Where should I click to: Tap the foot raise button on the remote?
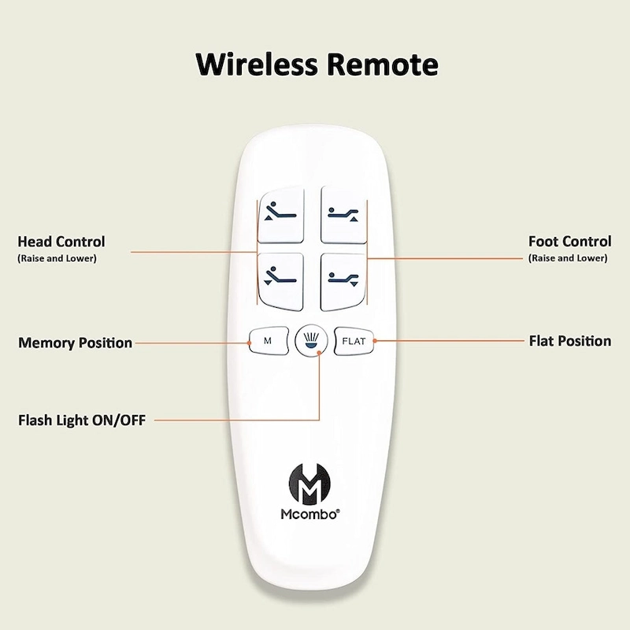click(x=343, y=214)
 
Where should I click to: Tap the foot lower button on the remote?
click(x=343, y=278)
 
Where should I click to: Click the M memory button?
click(x=267, y=341)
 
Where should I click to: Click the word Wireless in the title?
click(x=250, y=62)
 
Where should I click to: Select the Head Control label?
click(x=61, y=242)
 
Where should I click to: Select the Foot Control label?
click(x=569, y=241)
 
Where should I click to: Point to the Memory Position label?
click(x=75, y=343)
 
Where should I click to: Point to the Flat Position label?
click(x=570, y=341)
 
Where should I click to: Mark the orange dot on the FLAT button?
click(x=374, y=341)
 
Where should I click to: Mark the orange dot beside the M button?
click(x=250, y=342)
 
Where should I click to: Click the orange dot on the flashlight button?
click(x=319, y=354)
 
